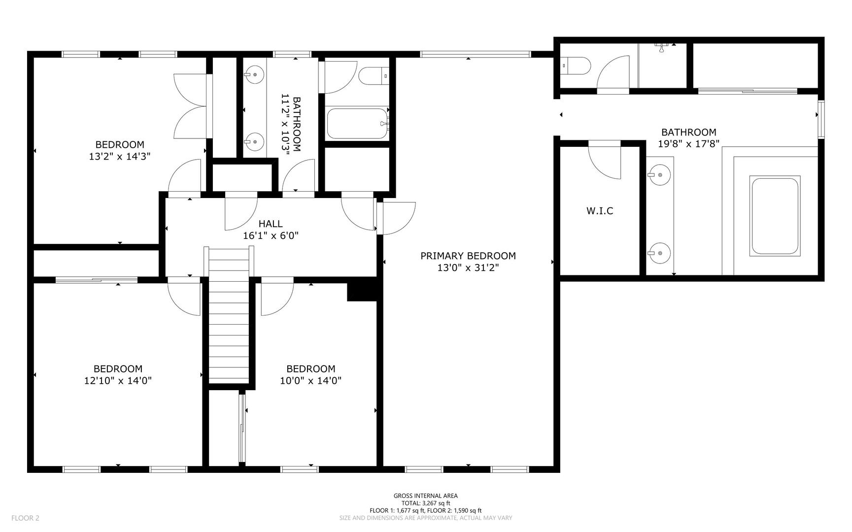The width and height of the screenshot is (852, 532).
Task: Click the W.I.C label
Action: coord(600,211)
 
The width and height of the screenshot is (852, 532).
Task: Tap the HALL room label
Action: coord(271,224)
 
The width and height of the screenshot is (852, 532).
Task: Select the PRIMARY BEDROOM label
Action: coord(468,256)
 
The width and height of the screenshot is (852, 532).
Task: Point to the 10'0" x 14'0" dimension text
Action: coord(311,380)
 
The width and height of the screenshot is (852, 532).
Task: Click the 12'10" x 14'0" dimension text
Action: coord(118,380)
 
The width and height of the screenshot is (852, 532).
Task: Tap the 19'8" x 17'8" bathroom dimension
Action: coord(689,144)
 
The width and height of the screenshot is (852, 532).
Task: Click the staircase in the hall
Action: coord(229,315)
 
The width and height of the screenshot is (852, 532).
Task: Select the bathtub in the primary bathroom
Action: coord(774,216)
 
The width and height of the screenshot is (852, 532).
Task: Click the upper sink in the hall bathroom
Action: coord(254,75)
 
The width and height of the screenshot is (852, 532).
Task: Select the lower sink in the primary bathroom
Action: coord(659,254)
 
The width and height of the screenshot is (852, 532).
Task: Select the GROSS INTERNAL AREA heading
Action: coord(425,496)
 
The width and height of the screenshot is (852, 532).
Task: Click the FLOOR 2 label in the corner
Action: coord(25,518)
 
